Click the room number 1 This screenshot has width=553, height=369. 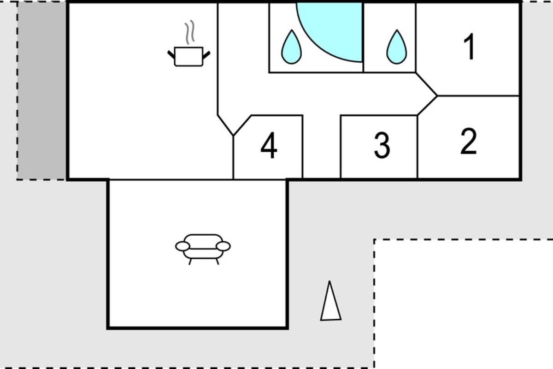[470, 47]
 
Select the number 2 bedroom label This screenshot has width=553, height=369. [468, 141]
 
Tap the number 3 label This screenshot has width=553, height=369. [382, 145]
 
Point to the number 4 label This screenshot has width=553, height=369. [269, 145]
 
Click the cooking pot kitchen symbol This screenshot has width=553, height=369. [188, 57]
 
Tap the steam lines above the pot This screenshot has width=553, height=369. [189, 32]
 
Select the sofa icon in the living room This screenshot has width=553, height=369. [203, 250]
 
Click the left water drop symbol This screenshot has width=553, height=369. [292, 47]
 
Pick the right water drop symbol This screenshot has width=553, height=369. [397, 47]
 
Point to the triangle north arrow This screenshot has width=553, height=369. [331, 301]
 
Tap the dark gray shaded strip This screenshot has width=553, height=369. [41, 90]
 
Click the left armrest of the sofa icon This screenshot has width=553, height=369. [182, 246]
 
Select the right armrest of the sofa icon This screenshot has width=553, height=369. [223, 246]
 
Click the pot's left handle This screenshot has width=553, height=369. [171, 54]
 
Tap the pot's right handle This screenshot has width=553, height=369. [206, 55]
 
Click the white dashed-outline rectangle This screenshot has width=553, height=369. [464, 304]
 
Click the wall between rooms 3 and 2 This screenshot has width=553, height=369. [417, 147]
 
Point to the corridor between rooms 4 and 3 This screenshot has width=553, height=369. [322, 147]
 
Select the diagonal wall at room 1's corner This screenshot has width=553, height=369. [426, 84]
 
